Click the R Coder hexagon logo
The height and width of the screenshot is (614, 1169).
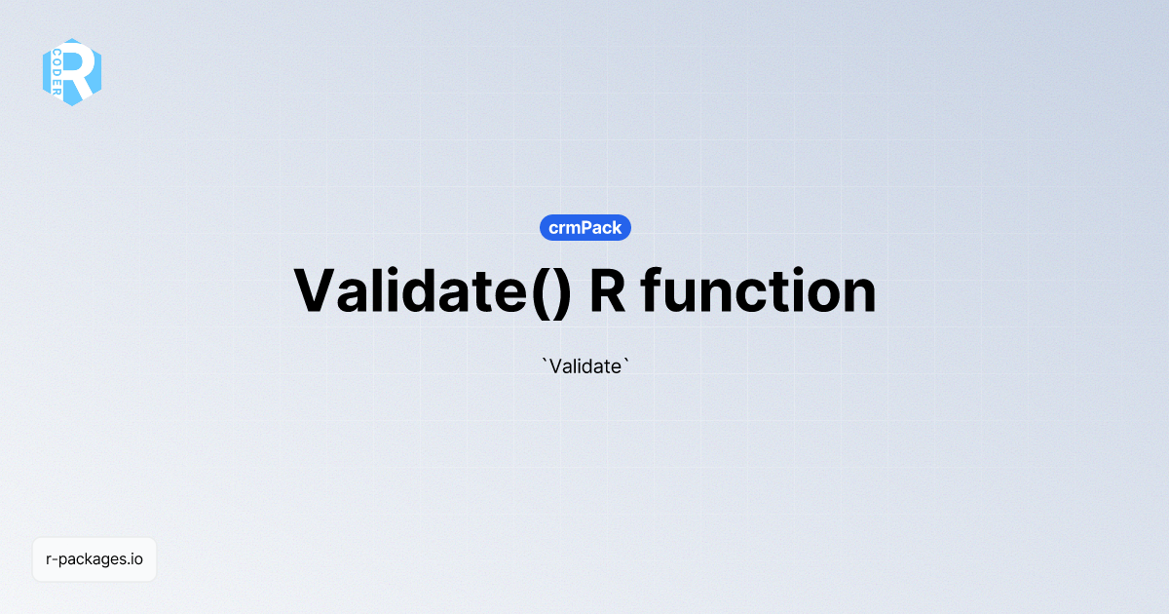coord(72,72)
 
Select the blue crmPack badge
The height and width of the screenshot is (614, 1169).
coord(585,228)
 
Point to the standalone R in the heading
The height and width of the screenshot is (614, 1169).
coord(608,290)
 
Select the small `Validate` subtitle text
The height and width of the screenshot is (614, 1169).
coord(585,366)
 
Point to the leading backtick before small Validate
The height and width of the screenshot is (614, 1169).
coord(544,362)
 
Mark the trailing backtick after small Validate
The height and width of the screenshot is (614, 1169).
coord(626,362)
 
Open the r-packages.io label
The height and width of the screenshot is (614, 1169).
coord(94,559)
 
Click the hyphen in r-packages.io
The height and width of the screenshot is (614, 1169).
coord(55,560)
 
